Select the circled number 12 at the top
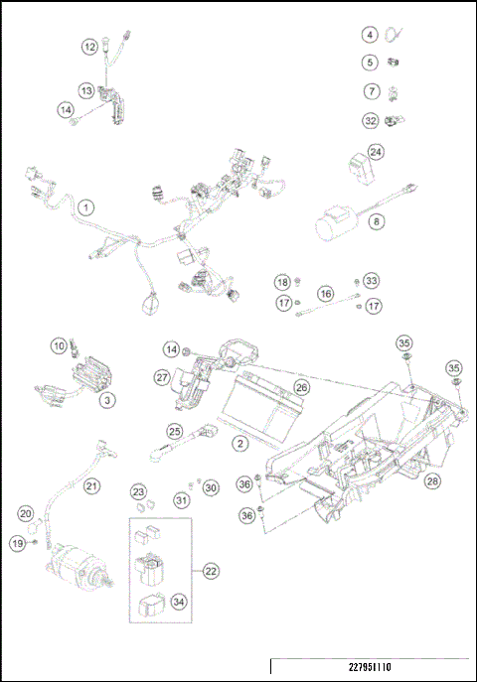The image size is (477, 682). (x=90, y=46)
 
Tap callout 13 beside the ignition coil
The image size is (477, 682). (x=87, y=90)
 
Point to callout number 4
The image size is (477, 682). (x=370, y=35)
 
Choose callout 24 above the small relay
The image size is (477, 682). (x=376, y=152)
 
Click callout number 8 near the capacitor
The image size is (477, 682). (x=376, y=222)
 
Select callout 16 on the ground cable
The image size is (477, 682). (x=325, y=295)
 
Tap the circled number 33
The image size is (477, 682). (x=371, y=281)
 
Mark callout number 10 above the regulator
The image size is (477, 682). (x=59, y=345)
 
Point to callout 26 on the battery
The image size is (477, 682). (x=302, y=387)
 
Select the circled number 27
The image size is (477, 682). (x=163, y=377)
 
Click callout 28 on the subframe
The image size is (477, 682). (x=431, y=481)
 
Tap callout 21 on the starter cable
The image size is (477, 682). (x=91, y=485)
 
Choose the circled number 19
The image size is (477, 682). (x=19, y=543)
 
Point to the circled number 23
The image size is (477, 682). (x=140, y=491)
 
